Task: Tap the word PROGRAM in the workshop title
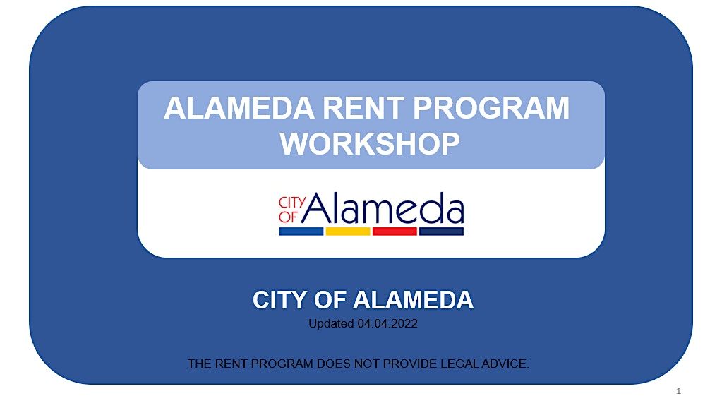[491, 109]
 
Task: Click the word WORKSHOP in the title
[370, 144]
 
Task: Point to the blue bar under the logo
[301, 232]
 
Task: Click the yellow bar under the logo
[347, 232]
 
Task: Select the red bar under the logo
[394, 232]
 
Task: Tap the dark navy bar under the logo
[441, 232]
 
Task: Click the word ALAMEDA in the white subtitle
[413, 301]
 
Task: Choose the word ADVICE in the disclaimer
[503, 364]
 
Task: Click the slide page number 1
[678, 391]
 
